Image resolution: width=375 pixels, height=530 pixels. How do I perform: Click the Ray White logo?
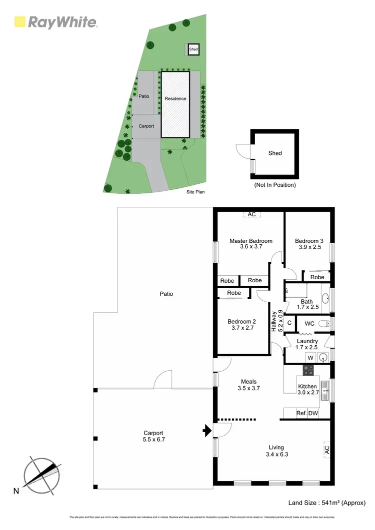coord(55,22)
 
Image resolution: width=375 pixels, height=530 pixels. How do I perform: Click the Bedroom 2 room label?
coord(241,325)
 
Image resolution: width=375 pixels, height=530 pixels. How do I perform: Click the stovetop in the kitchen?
coord(308,370)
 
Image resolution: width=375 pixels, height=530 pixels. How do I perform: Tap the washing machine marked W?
coord(310,357)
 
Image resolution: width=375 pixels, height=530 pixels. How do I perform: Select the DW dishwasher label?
coord(313,414)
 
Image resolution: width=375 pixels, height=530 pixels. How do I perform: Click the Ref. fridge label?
coord(301,414)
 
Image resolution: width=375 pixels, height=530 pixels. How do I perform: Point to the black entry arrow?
coord(206,429)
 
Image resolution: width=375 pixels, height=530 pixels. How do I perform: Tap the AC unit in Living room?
coord(326,450)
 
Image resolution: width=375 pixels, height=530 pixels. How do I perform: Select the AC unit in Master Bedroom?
coord(251,214)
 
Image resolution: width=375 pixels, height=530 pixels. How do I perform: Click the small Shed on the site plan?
coord(193,49)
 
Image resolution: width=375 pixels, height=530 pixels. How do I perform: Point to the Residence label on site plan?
coord(175,98)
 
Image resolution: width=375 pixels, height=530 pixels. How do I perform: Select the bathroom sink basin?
coord(325,299)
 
